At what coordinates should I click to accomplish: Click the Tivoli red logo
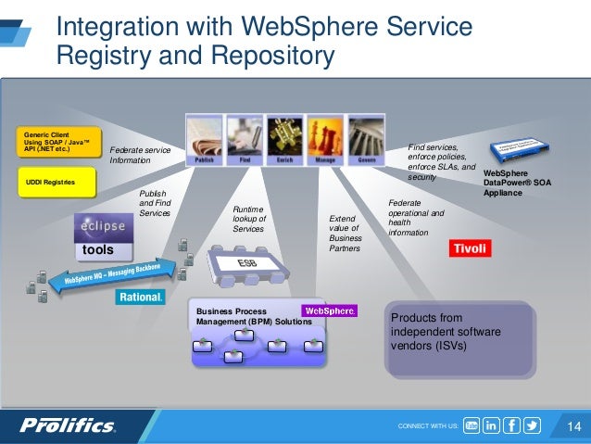469,248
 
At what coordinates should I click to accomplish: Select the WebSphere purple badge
330,311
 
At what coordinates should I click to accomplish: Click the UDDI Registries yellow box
57,182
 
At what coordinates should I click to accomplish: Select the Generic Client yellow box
57,146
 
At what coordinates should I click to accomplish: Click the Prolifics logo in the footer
68,425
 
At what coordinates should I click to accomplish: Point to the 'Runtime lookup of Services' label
249,220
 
